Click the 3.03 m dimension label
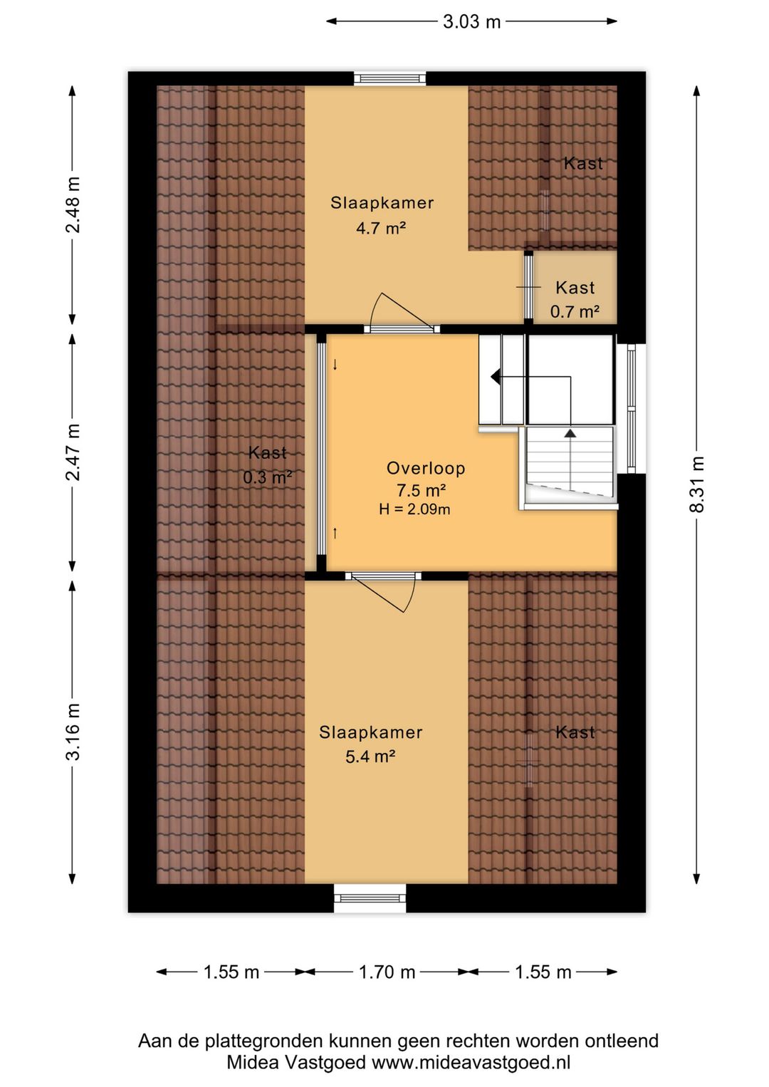471,21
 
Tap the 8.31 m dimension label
696,484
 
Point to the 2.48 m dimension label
73,204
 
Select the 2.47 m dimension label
73,452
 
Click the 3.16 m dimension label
73,731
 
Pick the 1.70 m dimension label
387,972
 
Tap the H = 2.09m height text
414,509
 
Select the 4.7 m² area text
381,228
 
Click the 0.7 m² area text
575,311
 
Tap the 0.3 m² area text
267,477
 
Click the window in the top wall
389,78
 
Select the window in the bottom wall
370,898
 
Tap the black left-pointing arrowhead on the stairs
496,377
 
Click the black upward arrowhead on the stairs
570,433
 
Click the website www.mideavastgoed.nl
471,1062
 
